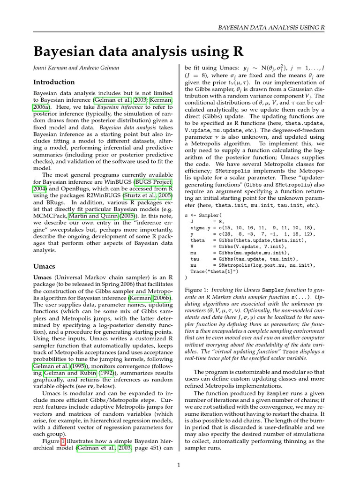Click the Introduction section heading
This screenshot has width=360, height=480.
pos(54,82)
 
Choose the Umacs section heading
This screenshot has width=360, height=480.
pos(45,266)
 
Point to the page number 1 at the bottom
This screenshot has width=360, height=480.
pos(179,465)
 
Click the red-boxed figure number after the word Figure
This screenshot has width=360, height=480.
pos(63,441)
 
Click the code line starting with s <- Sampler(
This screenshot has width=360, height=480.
pos(202,216)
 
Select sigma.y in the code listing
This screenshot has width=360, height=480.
pos(201,228)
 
